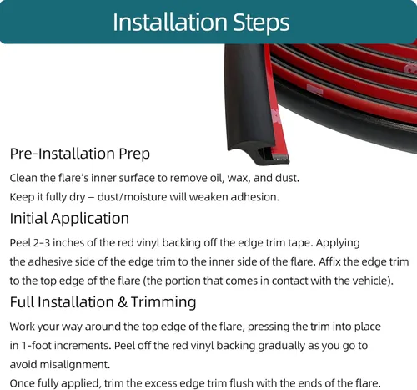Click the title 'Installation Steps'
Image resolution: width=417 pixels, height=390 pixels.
tap(201, 23)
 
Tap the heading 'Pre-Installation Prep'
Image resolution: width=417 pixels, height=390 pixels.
tap(80, 154)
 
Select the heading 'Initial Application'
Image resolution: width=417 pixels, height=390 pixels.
tap(69, 218)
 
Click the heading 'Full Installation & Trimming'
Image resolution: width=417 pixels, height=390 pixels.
tap(103, 302)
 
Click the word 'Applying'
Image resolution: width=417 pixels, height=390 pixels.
tap(338, 243)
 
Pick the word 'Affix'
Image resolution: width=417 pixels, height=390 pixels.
tap(329, 261)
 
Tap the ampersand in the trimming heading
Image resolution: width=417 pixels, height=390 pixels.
tap(123, 302)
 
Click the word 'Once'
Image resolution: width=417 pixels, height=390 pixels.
tap(23, 383)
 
